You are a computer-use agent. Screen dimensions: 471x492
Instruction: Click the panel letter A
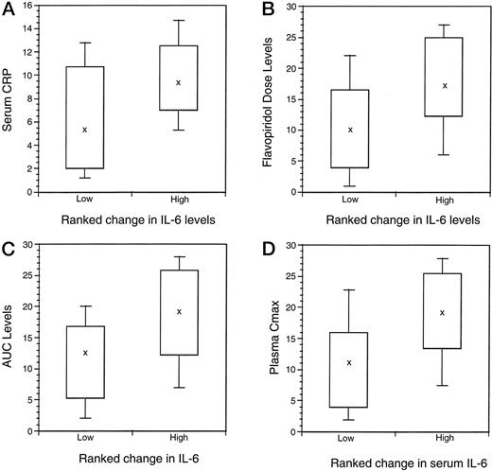click(x=9, y=9)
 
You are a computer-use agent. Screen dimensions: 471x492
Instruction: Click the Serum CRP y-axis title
click(x=11, y=98)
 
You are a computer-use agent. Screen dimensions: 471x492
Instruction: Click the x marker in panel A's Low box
click(x=84, y=130)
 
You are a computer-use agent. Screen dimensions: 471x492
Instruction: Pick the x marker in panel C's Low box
click(x=84, y=353)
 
